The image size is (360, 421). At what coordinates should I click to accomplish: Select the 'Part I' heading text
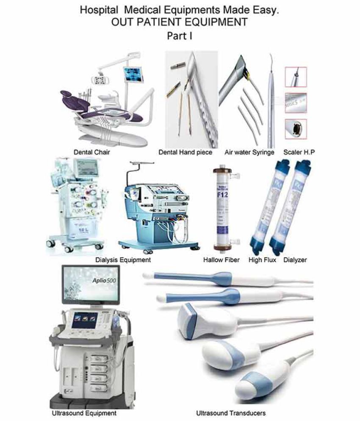pos(180,37)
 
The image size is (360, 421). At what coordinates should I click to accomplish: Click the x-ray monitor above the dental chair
pos(132,76)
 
